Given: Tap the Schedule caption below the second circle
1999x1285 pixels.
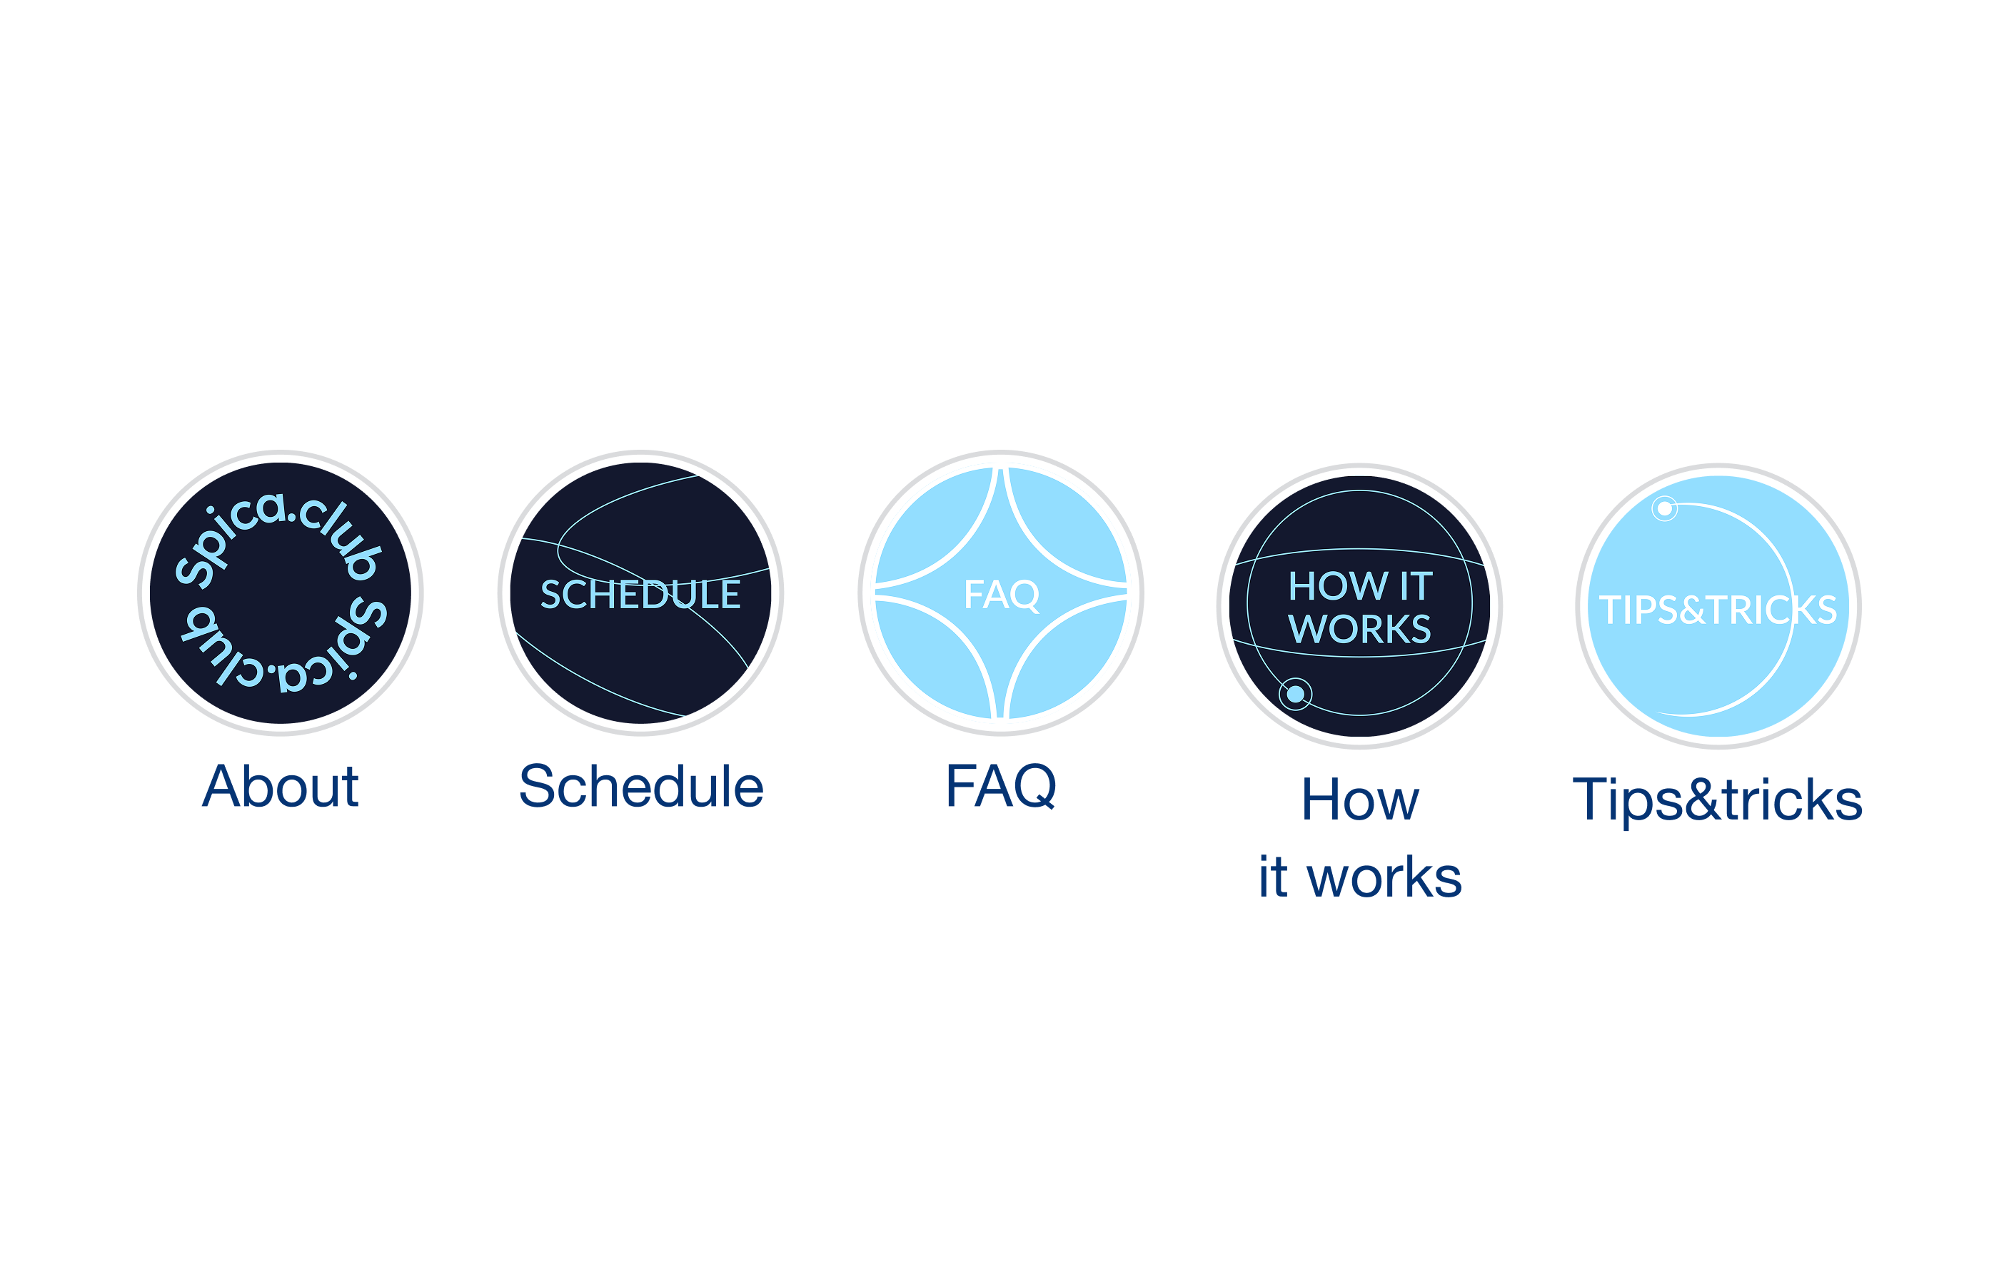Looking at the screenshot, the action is (x=640, y=786).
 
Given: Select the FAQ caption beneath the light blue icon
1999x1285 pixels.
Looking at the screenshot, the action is (x=1000, y=786).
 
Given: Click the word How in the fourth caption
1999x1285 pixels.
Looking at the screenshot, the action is (x=1359, y=800).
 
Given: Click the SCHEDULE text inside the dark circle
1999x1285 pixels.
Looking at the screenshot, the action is (x=640, y=594).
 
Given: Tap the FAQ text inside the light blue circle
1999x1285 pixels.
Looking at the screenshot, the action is (x=1001, y=594).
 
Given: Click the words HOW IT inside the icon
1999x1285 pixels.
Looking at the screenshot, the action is (x=1360, y=586).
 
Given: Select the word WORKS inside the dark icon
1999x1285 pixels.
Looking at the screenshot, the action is (x=1360, y=628).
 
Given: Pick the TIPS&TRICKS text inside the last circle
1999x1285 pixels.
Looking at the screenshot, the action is (x=1718, y=610).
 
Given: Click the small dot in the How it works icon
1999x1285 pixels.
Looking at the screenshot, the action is (x=1295, y=693).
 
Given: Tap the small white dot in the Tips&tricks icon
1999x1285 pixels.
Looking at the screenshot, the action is (x=1663, y=508).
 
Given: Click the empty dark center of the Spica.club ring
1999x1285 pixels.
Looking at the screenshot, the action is (x=281, y=593).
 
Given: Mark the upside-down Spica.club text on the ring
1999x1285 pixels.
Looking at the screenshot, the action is (x=283, y=647).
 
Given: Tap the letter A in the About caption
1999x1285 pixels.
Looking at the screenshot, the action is (x=222, y=786).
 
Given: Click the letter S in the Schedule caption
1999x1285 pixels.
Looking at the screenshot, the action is (x=538, y=786).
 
